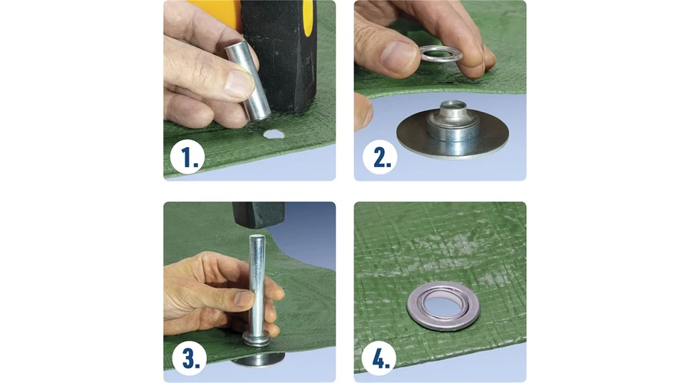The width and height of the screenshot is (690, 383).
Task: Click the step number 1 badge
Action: pos(188,157)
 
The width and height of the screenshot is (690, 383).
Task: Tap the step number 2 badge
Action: pos(379,157)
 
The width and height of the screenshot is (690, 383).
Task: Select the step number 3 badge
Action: pos(189,358)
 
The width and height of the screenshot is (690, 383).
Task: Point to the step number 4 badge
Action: pos(379,358)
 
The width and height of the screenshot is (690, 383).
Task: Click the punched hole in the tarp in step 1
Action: pos(273,134)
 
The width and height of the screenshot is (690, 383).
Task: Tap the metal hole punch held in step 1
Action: pos(248,80)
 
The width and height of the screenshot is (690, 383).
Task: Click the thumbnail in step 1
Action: pos(239,83)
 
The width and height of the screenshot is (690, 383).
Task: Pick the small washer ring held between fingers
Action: pos(441,54)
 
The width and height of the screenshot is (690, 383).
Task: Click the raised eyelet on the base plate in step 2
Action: pos(452,121)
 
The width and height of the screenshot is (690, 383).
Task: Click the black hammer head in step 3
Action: pos(259,214)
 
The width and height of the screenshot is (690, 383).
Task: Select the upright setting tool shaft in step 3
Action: pos(257,286)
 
